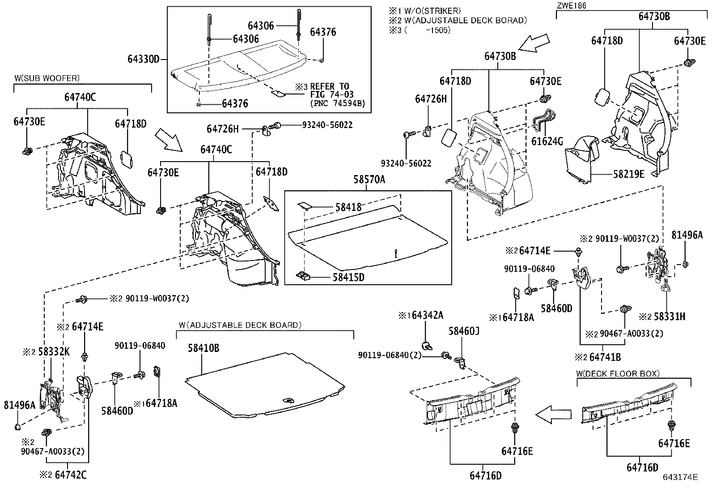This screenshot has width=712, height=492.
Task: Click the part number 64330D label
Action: (x=143, y=59)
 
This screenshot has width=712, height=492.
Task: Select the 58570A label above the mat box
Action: (x=369, y=180)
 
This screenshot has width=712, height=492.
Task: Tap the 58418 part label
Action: (x=348, y=207)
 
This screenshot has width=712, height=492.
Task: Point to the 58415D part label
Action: (x=348, y=278)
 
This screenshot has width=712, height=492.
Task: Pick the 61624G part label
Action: (x=547, y=142)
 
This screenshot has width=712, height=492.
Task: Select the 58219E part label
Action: (x=629, y=174)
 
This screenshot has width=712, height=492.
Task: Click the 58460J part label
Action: (x=464, y=331)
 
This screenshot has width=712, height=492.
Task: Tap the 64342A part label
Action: (x=427, y=316)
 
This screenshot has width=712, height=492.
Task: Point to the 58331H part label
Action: (x=669, y=317)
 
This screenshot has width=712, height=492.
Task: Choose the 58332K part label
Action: (x=52, y=352)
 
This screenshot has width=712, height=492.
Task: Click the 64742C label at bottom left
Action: (x=70, y=475)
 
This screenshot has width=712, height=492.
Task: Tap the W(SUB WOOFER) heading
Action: (x=47, y=78)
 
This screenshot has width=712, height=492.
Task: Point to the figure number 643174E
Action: (x=680, y=477)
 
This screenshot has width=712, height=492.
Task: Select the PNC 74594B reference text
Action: (x=337, y=103)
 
